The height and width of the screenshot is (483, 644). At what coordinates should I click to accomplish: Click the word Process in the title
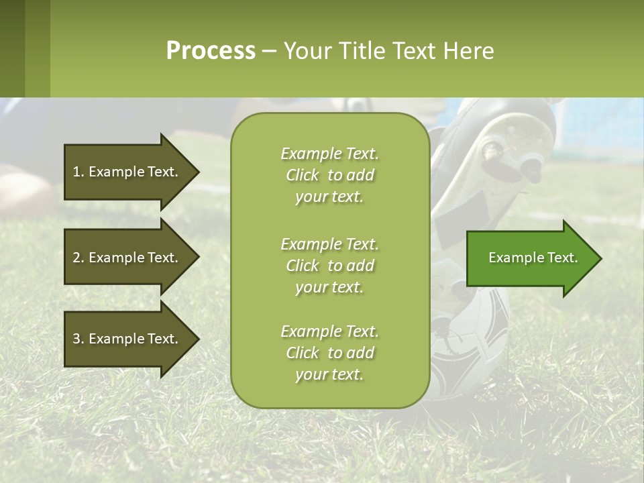click(211, 51)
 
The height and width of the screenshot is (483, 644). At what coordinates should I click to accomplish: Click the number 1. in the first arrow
click(78, 172)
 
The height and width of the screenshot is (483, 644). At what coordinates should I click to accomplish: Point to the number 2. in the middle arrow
click(78, 258)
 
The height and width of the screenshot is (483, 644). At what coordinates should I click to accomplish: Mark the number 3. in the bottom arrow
click(78, 339)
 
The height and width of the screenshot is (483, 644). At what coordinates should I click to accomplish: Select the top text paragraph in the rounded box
click(329, 175)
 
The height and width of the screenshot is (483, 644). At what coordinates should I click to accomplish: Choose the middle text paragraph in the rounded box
click(329, 265)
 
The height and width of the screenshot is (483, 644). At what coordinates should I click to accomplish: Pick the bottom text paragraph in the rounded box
click(329, 352)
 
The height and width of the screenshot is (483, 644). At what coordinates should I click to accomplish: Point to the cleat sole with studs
click(517, 144)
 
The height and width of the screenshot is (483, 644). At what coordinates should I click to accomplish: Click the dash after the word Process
click(269, 51)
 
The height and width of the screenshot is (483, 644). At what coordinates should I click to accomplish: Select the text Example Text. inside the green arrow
click(533, 258)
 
